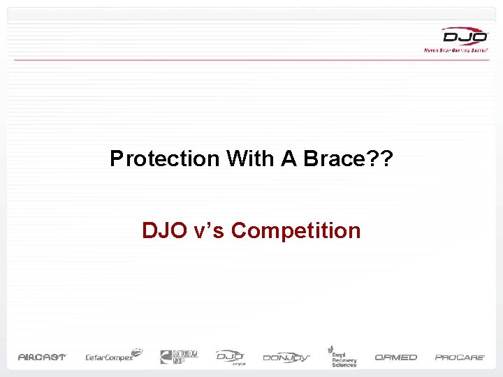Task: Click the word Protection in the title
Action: [x=164, y=159]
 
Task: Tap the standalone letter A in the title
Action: [x=289, y=159]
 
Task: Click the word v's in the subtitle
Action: [x=212, y=230]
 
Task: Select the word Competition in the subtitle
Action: [x=296, y=230]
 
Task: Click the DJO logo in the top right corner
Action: [x=464, y=36]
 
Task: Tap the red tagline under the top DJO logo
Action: [x=455, y=50]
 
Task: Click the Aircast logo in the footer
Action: [x=42, y=357]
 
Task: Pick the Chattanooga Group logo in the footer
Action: [x=179, y=356]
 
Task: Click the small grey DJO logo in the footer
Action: [x=230, y=356]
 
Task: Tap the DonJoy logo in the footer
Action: [x=286, y=357]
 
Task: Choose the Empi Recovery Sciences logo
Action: [x=342, y=356]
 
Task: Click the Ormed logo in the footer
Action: [x=395, y=357]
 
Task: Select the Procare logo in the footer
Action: [x=460, y=357]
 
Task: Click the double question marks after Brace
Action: [x=382, y=159]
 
